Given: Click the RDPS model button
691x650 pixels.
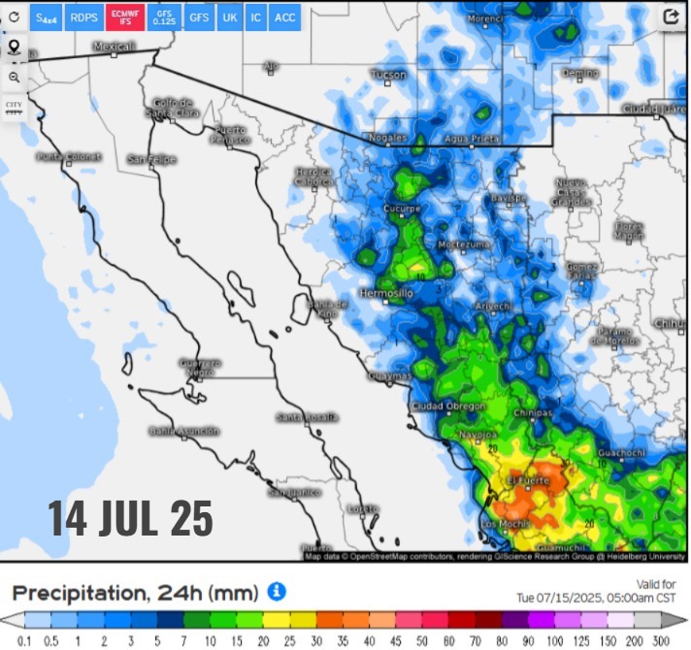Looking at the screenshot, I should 83,17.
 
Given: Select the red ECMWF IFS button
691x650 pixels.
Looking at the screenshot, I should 123,17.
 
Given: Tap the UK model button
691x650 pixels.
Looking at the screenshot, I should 229,17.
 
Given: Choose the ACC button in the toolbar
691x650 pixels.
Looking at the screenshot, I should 285,17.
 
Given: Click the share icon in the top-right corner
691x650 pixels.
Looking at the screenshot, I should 671,16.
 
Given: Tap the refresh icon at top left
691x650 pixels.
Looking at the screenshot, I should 14,16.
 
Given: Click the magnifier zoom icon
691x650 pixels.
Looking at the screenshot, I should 14,77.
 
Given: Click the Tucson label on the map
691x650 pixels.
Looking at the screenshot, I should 388,75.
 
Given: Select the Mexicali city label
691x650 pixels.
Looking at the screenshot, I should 115,47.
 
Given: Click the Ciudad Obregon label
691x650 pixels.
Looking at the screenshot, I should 447,406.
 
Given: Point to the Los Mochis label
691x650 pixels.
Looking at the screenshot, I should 502,525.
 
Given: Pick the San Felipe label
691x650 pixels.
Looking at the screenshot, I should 151,158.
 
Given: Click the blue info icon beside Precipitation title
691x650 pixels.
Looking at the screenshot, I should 277,590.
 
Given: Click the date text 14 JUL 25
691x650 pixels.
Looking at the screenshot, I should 131,518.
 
